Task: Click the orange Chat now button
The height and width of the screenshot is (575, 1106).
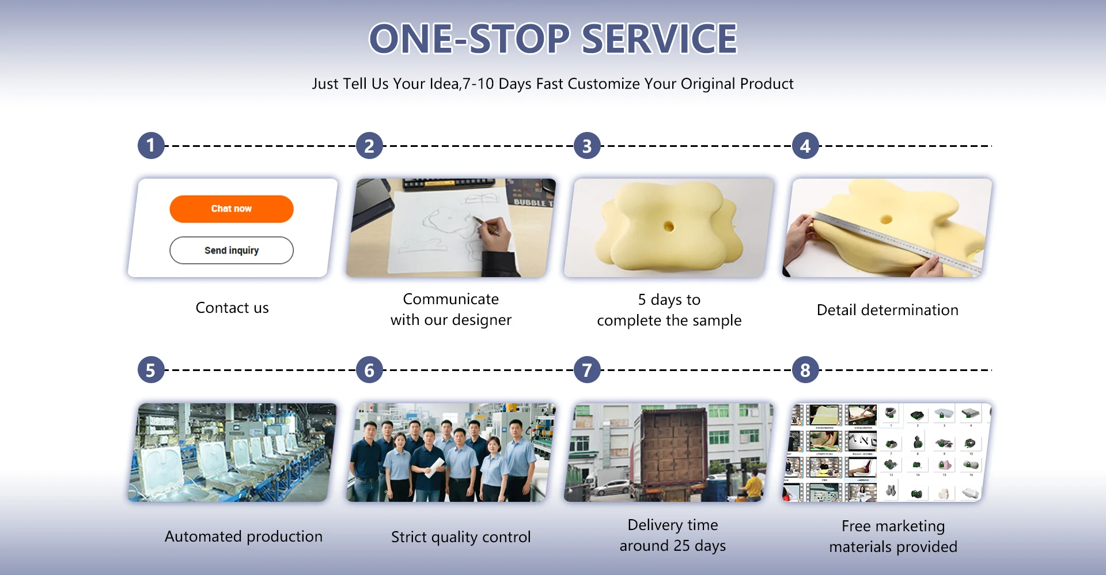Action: click(232, 209)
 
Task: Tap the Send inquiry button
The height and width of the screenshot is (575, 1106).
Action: click(232, 250)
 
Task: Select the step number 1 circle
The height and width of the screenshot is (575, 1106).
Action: click(151, 145)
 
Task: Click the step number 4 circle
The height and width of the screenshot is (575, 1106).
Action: click(805, 146)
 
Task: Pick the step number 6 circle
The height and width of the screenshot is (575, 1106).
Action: click(369, 370)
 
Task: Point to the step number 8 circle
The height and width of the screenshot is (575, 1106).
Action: click(805, 370)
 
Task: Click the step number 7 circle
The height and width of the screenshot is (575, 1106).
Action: click(587, 370)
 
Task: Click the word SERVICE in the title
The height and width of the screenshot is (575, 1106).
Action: click(659, 39)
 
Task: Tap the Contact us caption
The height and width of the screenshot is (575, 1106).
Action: click(232, 308)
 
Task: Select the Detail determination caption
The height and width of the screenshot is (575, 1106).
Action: click(888, 310)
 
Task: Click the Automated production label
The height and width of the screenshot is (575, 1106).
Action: click(244, 536)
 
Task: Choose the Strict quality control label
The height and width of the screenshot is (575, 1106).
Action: click(461, 537)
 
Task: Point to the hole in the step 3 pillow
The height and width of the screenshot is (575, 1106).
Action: click(669, 226)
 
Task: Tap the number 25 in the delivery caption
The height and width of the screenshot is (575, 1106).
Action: click(682, 546)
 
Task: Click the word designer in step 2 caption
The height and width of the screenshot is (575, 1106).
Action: click(482, 320)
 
